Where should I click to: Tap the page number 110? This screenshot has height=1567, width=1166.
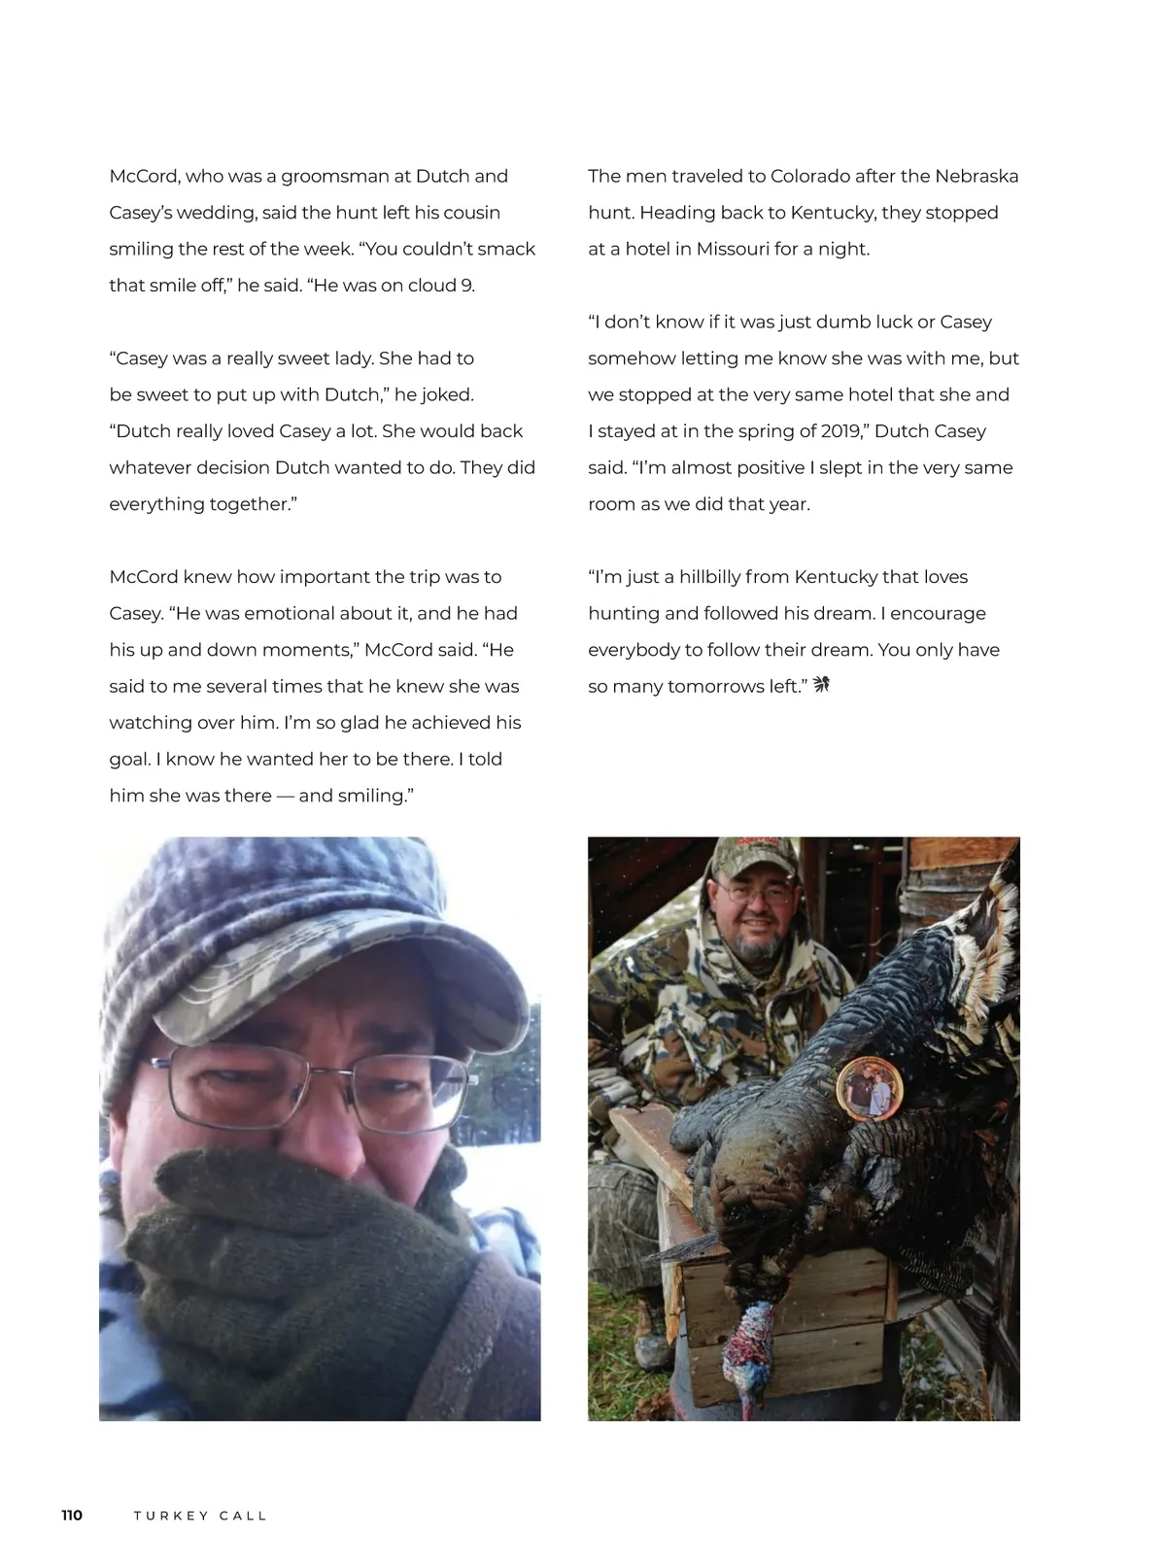coord(72,1516)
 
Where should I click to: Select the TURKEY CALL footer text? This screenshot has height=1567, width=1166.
coord(200,1516)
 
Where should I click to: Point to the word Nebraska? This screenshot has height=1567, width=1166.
coord(977,177)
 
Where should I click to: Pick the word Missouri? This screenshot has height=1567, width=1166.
coord(733,250)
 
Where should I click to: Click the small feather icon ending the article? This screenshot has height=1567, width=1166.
coord(821,686)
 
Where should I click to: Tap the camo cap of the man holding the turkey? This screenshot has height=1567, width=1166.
coord(753,855)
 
